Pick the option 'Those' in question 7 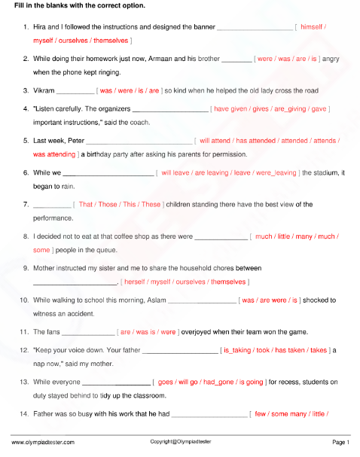[x=108, y=204]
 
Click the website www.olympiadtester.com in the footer [x=43, y=442]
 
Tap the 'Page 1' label [x=340, y=442]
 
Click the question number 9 [x=26, y=268]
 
